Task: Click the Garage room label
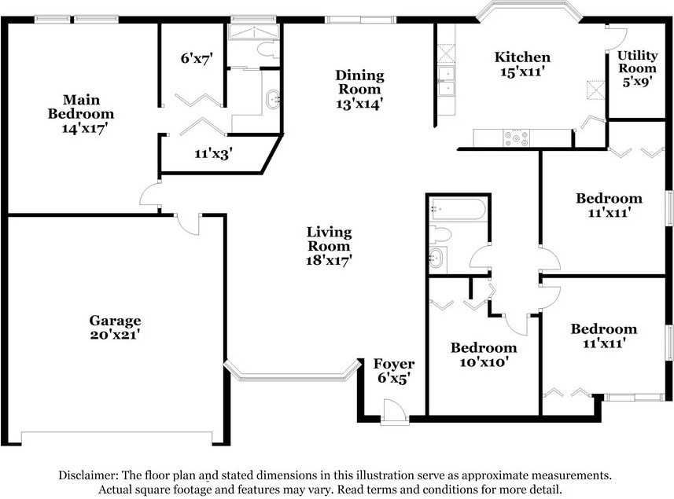click(115, 321)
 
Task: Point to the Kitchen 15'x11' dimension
click(521, 72)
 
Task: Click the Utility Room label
click(636, 61)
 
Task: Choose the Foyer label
click(393, 365)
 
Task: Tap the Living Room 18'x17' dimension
click(329, 260)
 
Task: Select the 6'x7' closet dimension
click(197, 58)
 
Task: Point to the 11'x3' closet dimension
click(213, 154)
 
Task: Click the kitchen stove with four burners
click(518, 138)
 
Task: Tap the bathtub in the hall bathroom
click(459, 210)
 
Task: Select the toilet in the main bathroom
click(266, 50)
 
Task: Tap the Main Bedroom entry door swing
click(149, 195)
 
